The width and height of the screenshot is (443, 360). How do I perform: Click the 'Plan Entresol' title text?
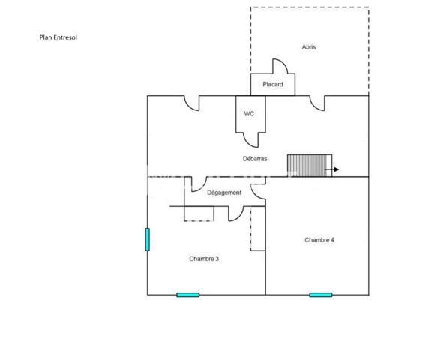[58, 37]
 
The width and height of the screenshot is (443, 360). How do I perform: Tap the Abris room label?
[309, 47]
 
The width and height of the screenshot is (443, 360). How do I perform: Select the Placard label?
[273, 84]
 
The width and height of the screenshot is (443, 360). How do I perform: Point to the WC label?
[249, 113]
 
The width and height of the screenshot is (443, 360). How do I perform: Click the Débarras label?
[255, 159]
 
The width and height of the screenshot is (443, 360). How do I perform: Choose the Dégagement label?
[224, 193]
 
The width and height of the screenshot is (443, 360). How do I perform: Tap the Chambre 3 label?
[204, 259]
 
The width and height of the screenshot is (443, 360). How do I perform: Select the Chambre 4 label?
[319, 239]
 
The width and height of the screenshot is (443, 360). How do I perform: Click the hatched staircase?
[310, 166]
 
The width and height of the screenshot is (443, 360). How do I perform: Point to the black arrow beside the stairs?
[331, 169]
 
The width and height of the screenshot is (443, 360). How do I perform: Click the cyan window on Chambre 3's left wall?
[147, 239]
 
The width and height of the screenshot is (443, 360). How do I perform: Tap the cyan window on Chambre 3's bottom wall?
[188, 295]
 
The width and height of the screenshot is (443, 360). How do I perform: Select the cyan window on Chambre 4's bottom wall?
[321, 295]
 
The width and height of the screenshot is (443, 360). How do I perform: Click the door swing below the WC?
[248, 143]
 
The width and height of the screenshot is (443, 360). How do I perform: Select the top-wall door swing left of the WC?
[189, 106]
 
